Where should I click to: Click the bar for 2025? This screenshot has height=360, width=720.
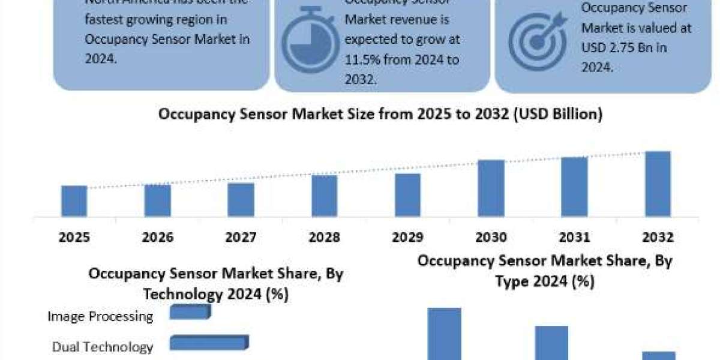pos(74,201)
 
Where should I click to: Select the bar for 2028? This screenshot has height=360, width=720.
pos(324,196)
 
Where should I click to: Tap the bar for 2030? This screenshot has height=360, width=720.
pos(491,188)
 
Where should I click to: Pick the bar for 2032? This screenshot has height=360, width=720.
pos(658,184)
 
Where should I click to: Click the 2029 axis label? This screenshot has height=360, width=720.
pos(407,237)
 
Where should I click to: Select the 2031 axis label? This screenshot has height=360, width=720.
pos(574,237)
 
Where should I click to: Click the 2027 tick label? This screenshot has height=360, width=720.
pos(241,237)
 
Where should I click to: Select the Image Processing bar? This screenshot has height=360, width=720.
pos(190,312)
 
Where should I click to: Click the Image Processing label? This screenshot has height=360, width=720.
pos(101,316)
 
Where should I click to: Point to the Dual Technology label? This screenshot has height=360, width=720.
pos(103,347)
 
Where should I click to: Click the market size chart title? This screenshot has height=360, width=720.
pos(380,115)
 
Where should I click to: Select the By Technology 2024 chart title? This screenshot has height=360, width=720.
pos(215,284)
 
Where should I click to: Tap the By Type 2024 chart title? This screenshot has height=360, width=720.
pos(545,271)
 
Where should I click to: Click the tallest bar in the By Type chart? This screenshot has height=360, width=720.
pos(444,334)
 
